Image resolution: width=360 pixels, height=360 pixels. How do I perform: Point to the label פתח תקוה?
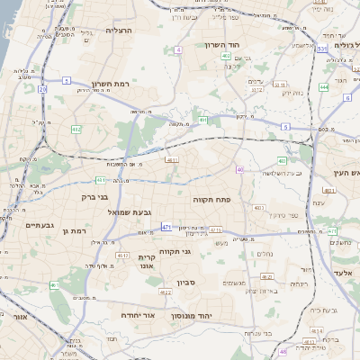[x=211, y=197]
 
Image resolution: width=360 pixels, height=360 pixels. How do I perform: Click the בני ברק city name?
[x=94, y=195]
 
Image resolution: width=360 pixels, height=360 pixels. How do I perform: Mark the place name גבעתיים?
[x=40, y=225]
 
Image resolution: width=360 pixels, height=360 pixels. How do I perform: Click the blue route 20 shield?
[x=42, y=89]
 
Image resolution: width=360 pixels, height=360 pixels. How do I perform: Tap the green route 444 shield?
[x=323, y=87]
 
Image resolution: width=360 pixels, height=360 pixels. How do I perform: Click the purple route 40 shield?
[x=239, y=169]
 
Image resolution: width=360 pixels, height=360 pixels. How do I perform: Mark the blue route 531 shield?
[x=321, y=49]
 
